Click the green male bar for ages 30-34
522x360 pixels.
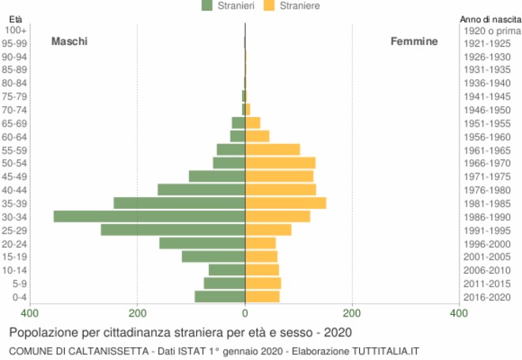[149, 217]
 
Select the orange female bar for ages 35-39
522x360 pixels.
[286, 203]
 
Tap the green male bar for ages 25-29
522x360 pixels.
[172, 230]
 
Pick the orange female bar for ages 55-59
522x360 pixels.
[273, 150]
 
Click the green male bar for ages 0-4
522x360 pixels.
[220, 297]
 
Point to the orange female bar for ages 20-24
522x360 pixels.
[261, 244]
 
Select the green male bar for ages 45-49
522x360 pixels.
[217, 176]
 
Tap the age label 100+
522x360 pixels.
[17, 30]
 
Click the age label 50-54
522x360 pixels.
[15, 163]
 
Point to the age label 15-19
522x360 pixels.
[15, 257]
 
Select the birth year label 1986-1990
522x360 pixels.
[486, 217]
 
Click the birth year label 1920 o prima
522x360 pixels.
[486, 30]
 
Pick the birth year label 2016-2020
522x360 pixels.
[486, 297]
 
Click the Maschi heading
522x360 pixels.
[70, 41]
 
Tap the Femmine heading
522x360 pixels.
[414, 41]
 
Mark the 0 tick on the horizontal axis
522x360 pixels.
[245, 313]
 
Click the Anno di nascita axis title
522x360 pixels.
[488, 19]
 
